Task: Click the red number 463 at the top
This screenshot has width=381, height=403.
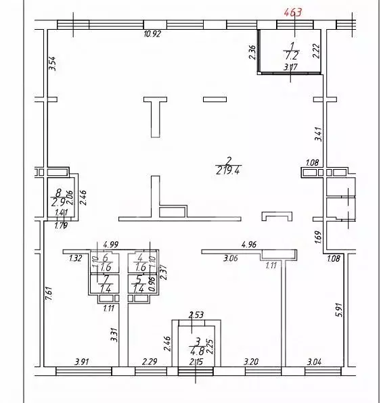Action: (292, 12)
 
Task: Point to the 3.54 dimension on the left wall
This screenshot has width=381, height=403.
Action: (52, 64)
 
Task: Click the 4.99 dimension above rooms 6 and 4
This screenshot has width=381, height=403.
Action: (112, 244)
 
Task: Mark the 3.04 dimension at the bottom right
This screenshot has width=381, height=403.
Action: (315, 362)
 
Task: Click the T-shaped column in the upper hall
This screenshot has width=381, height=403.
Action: (156, 112)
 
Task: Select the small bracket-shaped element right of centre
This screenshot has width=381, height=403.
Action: (277, 216)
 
